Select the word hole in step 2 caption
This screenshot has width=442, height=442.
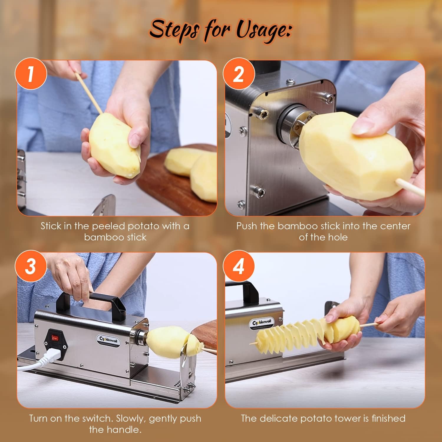pyautogui.click(x=338, y=237)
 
